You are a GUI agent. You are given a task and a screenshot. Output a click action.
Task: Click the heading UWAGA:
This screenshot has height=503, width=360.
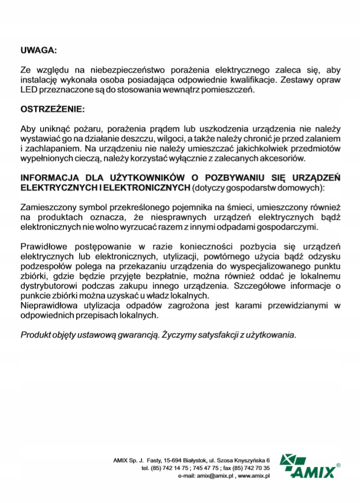(x=39, y=50)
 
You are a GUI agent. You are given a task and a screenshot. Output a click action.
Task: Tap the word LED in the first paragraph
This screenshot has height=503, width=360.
(x=28, y=90)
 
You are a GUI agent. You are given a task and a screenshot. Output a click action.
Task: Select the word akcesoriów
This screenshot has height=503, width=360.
(x=284, y=158)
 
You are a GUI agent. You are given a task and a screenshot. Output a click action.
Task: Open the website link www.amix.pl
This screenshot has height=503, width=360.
(x=253, y=475)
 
